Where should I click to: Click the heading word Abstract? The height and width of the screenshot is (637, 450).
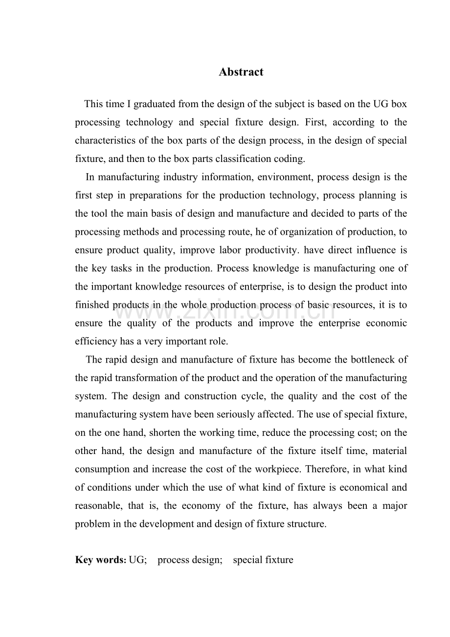click(x=241, y=72)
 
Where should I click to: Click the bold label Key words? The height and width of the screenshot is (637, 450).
click(x=100, y=560)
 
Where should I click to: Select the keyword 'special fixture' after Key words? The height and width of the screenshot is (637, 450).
click(x=263, y=560)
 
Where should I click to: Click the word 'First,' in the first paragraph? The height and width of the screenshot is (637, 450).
click(x=309, y=122)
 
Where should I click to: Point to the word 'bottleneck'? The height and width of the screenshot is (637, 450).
click(x=371, y=360)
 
